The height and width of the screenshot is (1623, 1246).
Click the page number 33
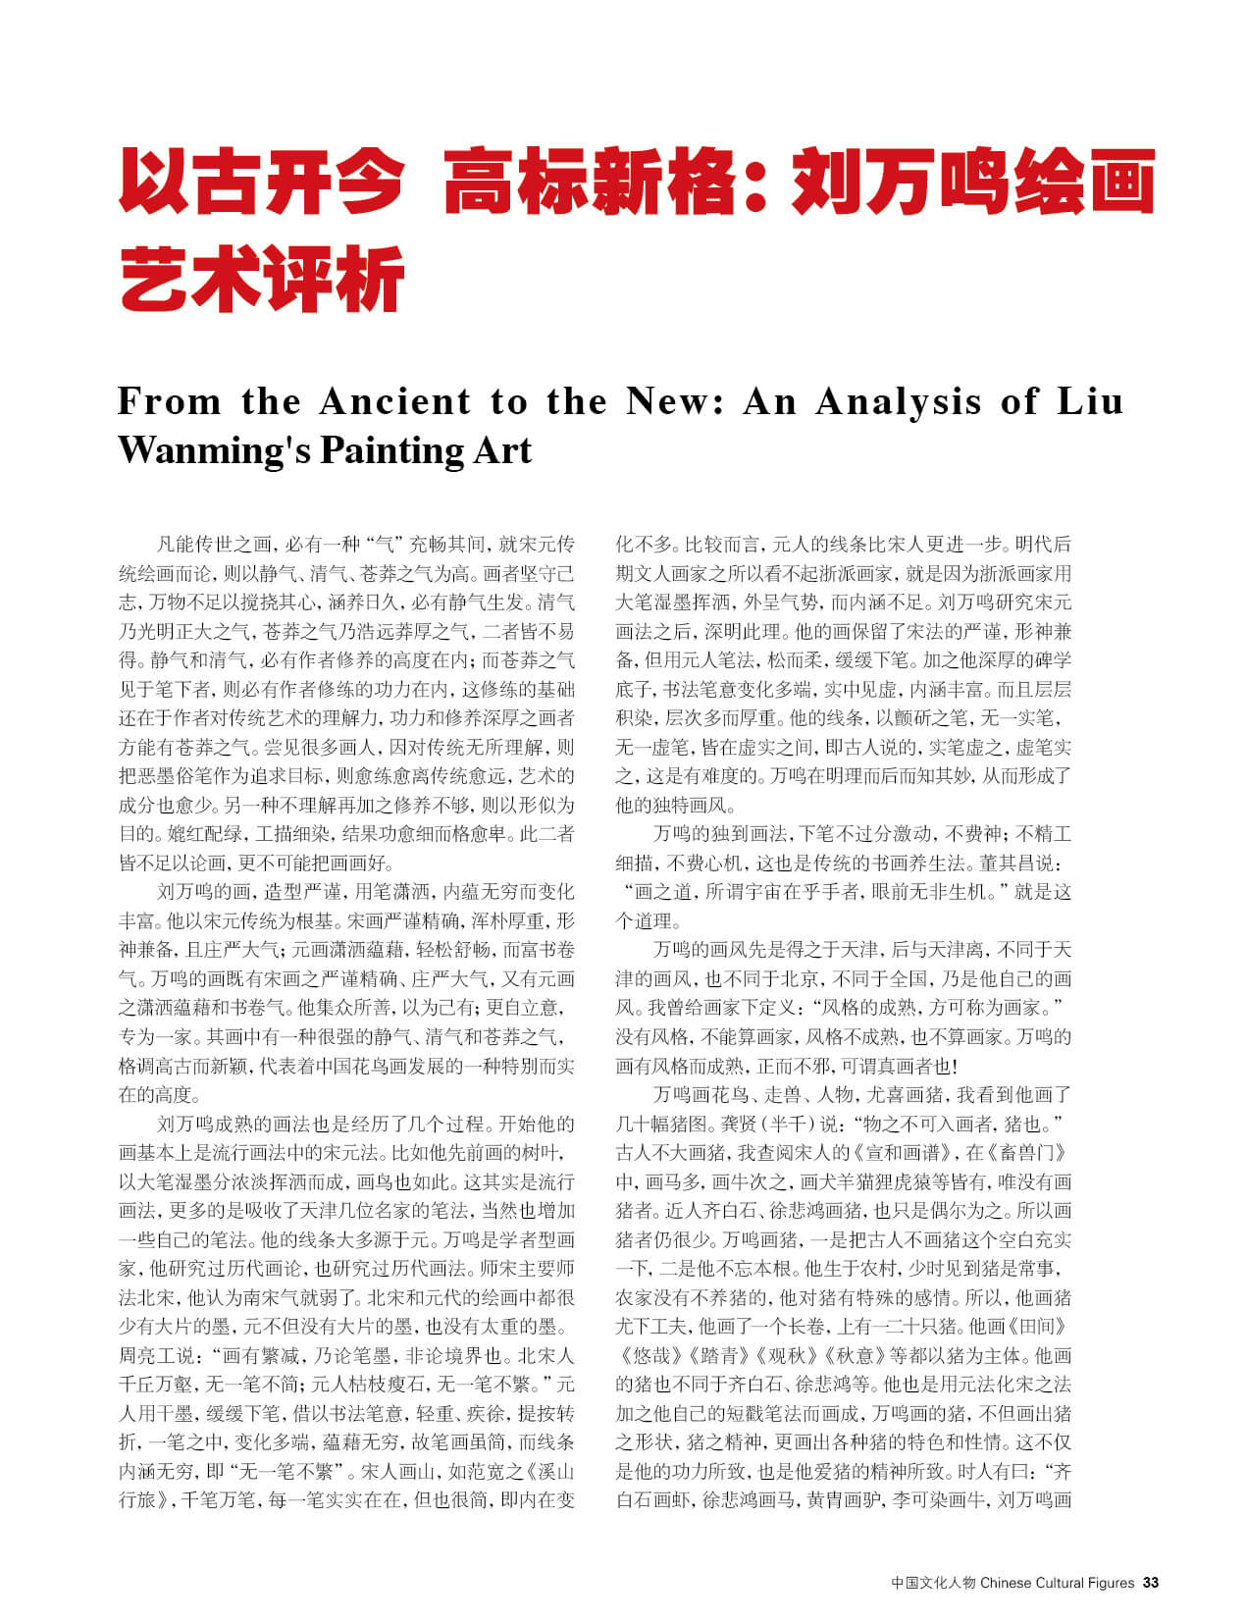click(1151, 1582)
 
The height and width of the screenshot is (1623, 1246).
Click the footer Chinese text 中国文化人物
click(933, 1582)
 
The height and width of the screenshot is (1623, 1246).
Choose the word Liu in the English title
click(1090, 402)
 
